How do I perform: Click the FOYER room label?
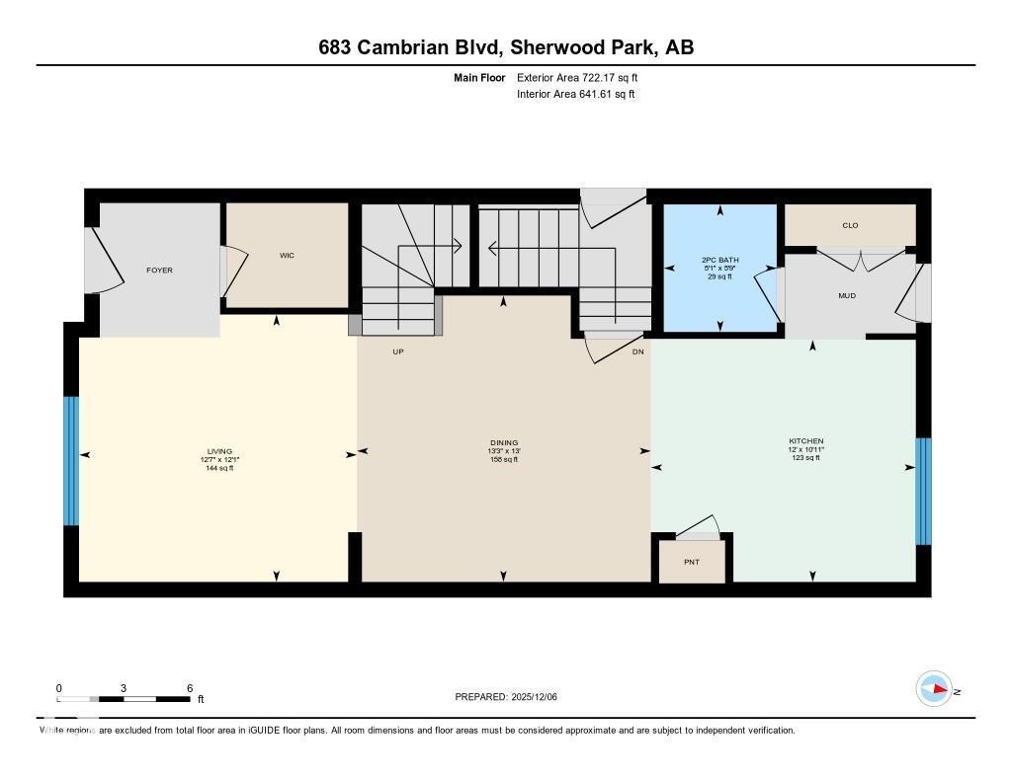(159, 270)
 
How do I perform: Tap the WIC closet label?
(287, 256)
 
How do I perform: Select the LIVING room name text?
(219, 451)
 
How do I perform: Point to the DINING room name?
(504, 442)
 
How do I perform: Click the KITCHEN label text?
(805, 440)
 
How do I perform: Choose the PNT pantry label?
(692, 562)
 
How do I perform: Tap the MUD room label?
(847, 295)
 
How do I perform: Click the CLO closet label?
(850, 225)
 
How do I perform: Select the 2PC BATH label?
(719, 260)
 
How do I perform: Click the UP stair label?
(398, 351)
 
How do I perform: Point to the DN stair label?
(638, 351)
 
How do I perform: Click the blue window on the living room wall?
(71, 460)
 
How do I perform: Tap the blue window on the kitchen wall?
(923, 491)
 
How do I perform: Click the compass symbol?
(934, 689)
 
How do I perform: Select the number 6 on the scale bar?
(188, 688)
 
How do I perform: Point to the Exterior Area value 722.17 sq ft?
(602, 77)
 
